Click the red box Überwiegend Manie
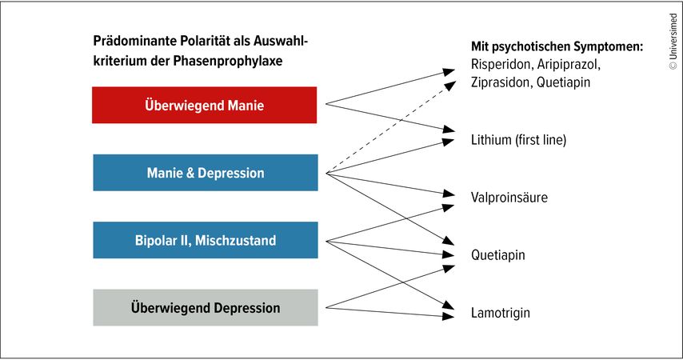[205, 105]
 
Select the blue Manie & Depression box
[205, 173]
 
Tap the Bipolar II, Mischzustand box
[205, 240]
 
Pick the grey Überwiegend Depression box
[205, 308]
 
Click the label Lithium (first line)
[518, 140]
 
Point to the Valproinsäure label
[509, 197]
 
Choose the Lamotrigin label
[501, 313]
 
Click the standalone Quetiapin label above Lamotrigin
[498, 255]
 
